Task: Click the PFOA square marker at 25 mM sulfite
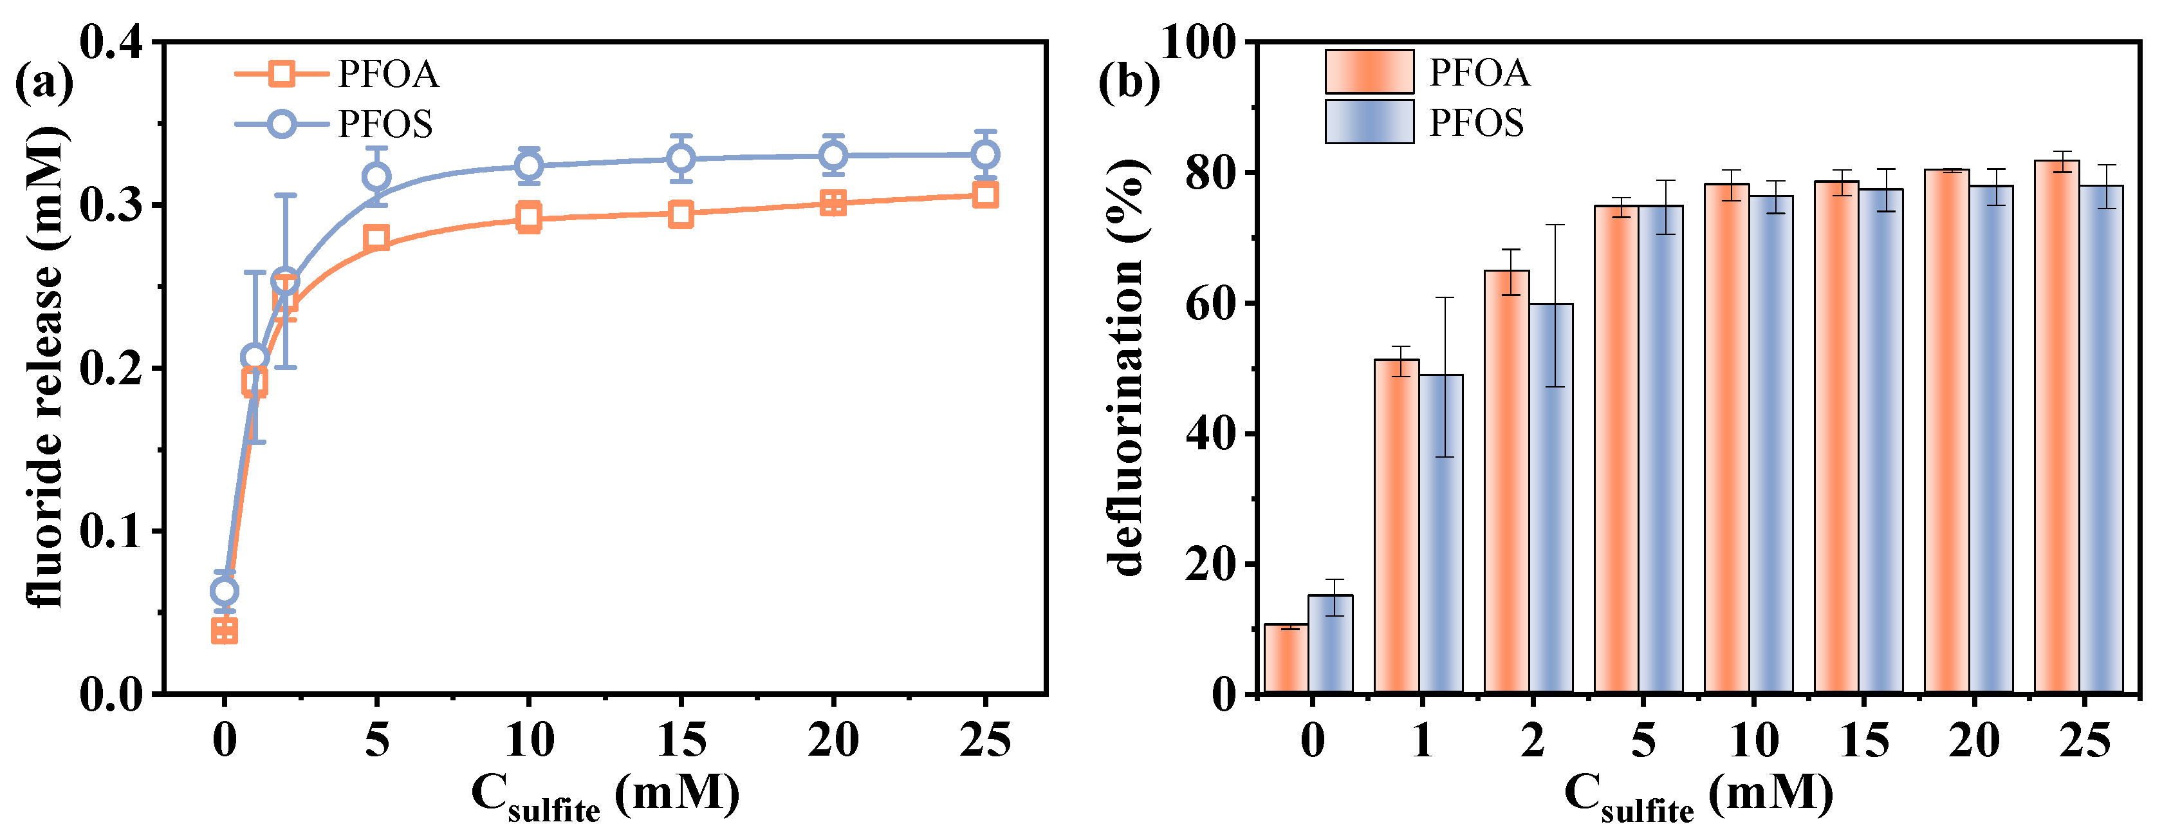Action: pos(984,195)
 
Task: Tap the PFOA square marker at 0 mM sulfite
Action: pos(224,630)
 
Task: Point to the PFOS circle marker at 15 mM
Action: pos(681,158)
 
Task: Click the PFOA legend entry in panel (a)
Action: pos(336,74)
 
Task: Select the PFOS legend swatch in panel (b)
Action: pos(1369,122)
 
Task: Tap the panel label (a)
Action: pos(44,82)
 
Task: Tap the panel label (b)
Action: pos(1128,82)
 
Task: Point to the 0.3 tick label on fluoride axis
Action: pos(111,205)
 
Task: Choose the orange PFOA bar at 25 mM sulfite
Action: pos(2056,426)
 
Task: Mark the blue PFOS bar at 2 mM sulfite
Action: pos(1550,498)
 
